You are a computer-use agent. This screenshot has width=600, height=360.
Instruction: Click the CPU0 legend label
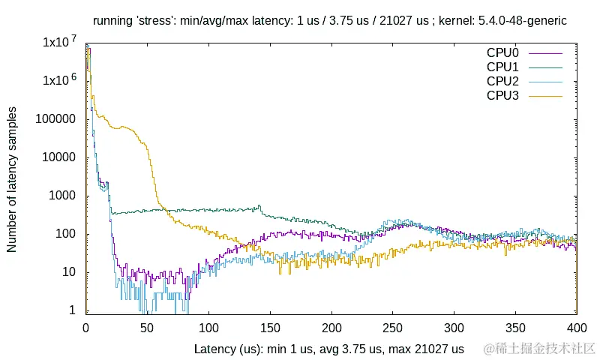pos(502,53)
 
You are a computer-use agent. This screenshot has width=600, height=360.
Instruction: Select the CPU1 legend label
pos(502,67)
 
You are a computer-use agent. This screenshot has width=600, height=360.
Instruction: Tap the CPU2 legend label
pos(502,81)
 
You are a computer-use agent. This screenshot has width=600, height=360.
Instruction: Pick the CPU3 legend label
pos(502,95)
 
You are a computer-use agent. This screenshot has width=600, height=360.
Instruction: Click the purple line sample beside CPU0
pos(546,53)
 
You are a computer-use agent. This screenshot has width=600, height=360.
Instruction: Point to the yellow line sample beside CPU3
pos(546,95)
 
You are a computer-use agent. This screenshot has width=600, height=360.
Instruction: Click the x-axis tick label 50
pos(147,328)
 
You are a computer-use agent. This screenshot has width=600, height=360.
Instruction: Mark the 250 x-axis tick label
pos(392,328)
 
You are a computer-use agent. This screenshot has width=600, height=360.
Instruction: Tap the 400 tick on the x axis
pos(576,328)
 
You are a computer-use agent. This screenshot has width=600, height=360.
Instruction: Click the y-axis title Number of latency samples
pos(13,178)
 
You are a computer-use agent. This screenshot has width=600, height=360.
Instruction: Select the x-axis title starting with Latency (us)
pos(329,349)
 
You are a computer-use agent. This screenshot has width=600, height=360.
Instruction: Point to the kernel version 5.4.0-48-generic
pos(523,21)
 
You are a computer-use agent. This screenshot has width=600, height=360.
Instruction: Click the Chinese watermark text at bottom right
pos(540,349)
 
